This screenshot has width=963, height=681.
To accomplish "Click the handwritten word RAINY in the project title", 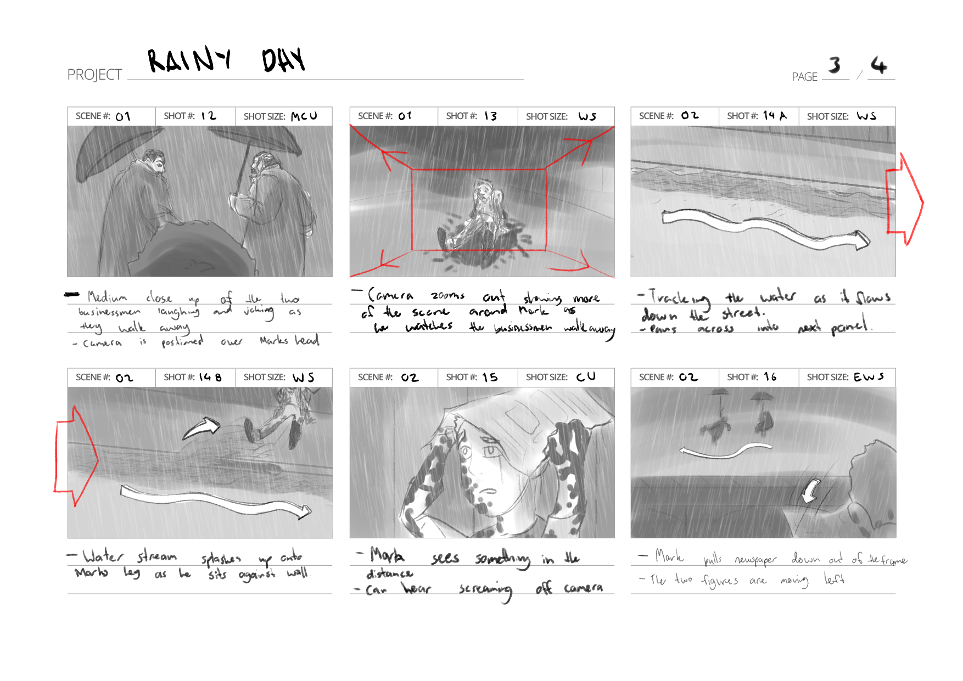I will pos(189,60).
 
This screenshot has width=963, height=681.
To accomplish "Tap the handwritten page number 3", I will pos(835,65).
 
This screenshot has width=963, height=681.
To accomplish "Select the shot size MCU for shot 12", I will pos(304,116).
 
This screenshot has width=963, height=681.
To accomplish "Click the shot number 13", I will pos(490,116).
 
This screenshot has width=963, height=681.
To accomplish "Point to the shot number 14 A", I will pos(775,116).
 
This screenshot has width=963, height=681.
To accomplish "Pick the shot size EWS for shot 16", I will pos(869,377).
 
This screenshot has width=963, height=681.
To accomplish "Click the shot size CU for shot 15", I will pos(586,377).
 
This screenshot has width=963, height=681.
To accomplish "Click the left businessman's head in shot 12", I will pos(153,162).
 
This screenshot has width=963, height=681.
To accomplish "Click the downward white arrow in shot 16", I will pos(810,491).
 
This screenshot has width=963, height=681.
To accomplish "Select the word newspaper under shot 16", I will pos(755,560).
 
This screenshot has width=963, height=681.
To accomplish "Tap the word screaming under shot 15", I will pos(485,590).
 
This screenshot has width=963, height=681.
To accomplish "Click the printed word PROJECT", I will pos(94,75).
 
